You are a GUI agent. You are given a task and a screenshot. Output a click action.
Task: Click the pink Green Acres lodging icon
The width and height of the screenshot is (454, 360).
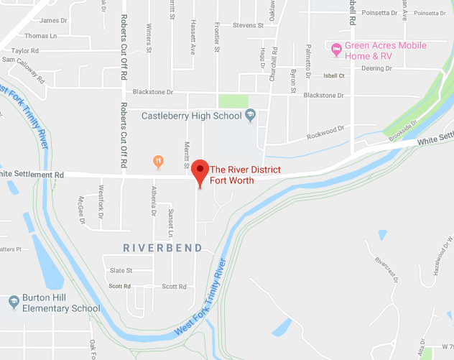pyautogui.click(x=335, y=50)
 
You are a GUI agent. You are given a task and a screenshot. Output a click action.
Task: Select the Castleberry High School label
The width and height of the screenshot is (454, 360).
pyautogui.click(x=192, y=115)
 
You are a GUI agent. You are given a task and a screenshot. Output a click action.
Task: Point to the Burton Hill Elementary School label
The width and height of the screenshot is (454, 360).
pyautogui.click(x=60, y=304)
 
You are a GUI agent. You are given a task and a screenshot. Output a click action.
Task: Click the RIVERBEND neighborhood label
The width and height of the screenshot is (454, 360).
pyautogui.click(x=162, y=248)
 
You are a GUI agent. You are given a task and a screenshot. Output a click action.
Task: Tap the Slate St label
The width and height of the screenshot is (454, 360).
pyautogui.click(x=121, y=271)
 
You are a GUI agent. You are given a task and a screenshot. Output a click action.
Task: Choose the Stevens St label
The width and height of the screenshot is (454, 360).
pyautogui.click(x=249, y=25)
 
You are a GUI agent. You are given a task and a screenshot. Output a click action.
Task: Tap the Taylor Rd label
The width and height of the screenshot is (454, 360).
pyautogui.click(x=24, y=51)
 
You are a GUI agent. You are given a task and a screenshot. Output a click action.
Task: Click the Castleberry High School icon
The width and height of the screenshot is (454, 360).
pyautogui.click(x=251, y=115)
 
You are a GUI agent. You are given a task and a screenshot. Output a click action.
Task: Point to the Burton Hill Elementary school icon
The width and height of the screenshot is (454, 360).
pyautogui.click(x=12, y=300)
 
